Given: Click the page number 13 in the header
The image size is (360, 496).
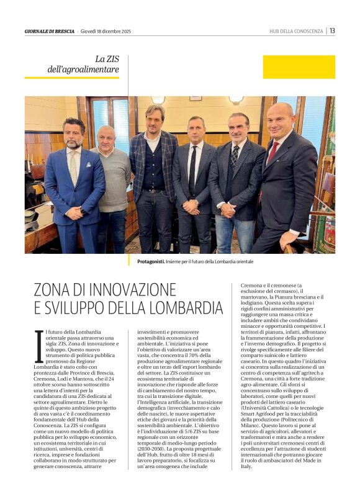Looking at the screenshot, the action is [x=332, y=30].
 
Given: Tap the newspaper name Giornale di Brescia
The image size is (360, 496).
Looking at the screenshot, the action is [x=50, y=31].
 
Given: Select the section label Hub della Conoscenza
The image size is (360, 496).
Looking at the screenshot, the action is [x=296, y=31].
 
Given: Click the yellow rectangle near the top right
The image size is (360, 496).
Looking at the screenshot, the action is [x=299, y=67].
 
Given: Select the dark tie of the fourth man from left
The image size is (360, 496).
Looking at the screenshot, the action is [x=194, y=168].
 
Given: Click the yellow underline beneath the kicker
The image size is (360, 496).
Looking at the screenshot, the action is [x=71, y=78].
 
